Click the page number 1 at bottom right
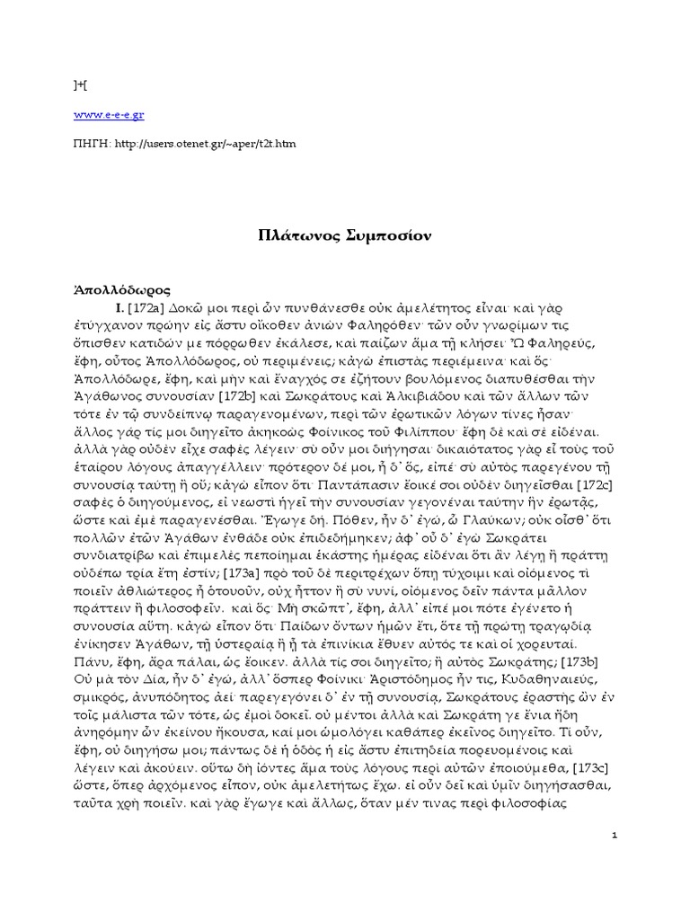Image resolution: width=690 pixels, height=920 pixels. (613, 835)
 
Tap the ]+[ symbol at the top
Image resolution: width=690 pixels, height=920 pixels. (80, 85)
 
